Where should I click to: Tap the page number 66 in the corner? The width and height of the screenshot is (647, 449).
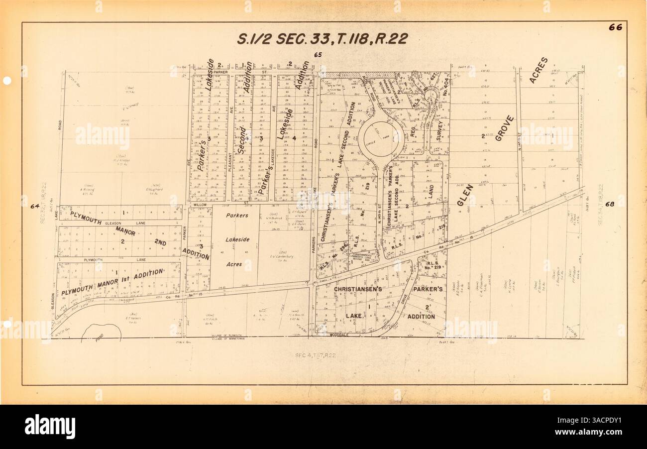click(615, 27)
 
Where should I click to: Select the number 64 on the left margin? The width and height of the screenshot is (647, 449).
click(34, 206)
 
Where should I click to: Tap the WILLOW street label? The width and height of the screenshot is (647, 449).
click(200, 205)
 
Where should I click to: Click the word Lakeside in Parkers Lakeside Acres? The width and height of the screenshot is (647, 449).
click(237, 239)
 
